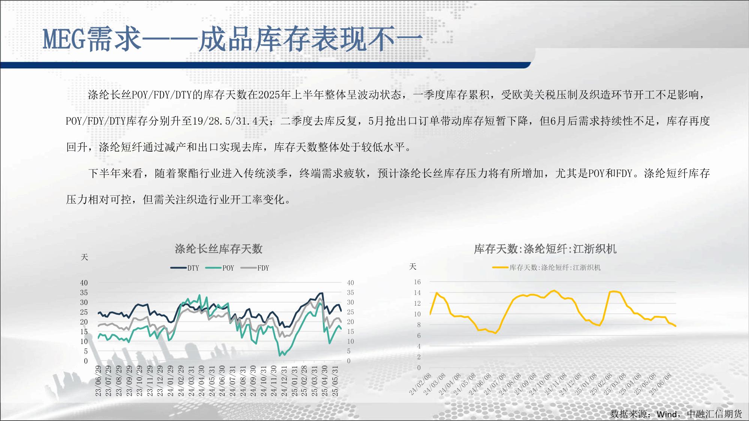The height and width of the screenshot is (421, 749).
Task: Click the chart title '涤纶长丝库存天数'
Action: tap(218, 249)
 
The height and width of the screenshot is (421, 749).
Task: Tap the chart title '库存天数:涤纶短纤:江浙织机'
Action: tap(545, 249)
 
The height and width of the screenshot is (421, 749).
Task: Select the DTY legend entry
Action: tap(185, 268)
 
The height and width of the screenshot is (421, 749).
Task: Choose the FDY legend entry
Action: tap(255, 268)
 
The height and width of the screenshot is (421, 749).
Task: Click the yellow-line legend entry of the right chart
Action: tap(547, 268)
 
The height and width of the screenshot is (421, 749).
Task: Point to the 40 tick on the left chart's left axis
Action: tap(84, 283)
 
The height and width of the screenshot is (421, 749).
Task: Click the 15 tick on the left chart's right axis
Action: tap(350, 332)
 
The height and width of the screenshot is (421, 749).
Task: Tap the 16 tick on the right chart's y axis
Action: tap(417, 282)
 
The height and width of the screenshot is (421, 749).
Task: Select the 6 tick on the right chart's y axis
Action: tap(419, 336)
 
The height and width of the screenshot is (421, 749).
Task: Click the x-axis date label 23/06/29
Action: tap(98, 381)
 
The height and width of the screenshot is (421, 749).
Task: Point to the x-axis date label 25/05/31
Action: tap(335, 381)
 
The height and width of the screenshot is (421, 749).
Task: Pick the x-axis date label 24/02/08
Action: tap(420, 384)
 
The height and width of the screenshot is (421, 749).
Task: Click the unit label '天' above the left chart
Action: tap(84, 257)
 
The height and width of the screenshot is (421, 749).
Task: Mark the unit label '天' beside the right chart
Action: tap(413, 266)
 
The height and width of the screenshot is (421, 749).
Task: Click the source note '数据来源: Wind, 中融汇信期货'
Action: tap(676, 414)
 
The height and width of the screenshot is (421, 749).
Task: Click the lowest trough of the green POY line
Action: tap(280, 355)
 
